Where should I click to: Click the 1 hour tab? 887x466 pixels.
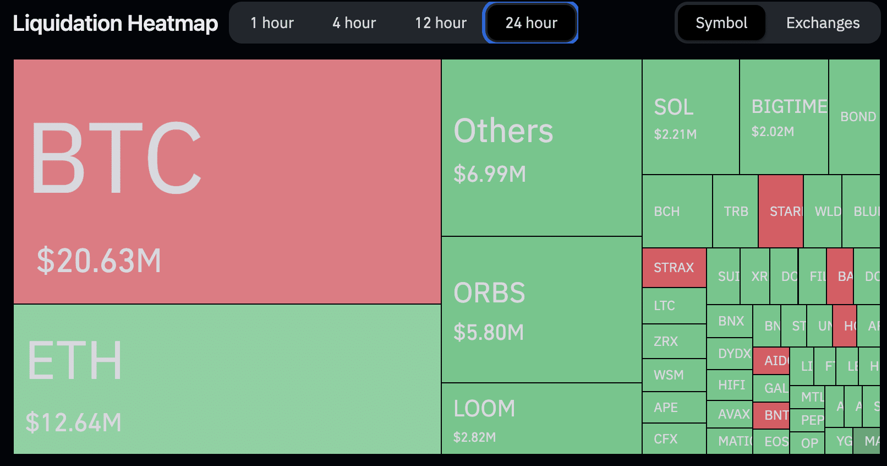[272, 23]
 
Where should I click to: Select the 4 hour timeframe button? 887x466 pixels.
[354, 23]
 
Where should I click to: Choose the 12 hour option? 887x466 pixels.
[440, 23]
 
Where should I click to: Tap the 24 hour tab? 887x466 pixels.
[531, 23]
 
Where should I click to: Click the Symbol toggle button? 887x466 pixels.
[721, 23]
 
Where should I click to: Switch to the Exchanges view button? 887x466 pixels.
[823, 23]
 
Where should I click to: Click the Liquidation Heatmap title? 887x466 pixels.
[116, 23]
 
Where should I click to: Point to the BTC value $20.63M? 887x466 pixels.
[99, 261]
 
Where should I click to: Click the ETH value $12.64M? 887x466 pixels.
[74, 422]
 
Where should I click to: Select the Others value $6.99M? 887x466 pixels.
[490, 174]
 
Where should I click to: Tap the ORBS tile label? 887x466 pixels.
[489, 292]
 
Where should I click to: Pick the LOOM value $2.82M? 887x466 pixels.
[474, 437]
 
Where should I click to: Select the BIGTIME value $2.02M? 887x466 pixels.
[773, 132]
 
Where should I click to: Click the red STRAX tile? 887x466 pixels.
[674, 268]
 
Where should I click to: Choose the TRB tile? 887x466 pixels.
[735, 212]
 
